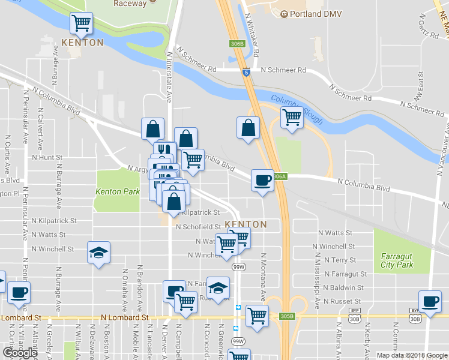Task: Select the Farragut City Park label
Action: pyautogui.click(x=397, y=260)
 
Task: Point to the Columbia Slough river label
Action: pyautogui.click(x=297, y=108)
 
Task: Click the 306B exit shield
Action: pyautogui.click(x=237, y=44)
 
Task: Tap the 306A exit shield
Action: pyautogui.click(x=279, y=176)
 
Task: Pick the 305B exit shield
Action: pyautogui.click(x=287, y=316)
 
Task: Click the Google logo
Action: pyautogui.click(x=20, y=352)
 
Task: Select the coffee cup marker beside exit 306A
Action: pyautogui.click(x=262, y=180)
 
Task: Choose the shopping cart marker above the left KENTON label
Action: pyautogui.click(x=81, y=23)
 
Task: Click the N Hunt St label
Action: pyautogui.click(x=47, y=157)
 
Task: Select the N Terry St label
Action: pyautogui.click(x=340, y=260)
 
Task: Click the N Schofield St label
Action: pyautogui.click(x=197, y=227)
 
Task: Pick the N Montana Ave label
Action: pyautogui.click(x=263, y=277)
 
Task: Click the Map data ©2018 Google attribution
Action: pyautogui.click(x=412, y=355)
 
